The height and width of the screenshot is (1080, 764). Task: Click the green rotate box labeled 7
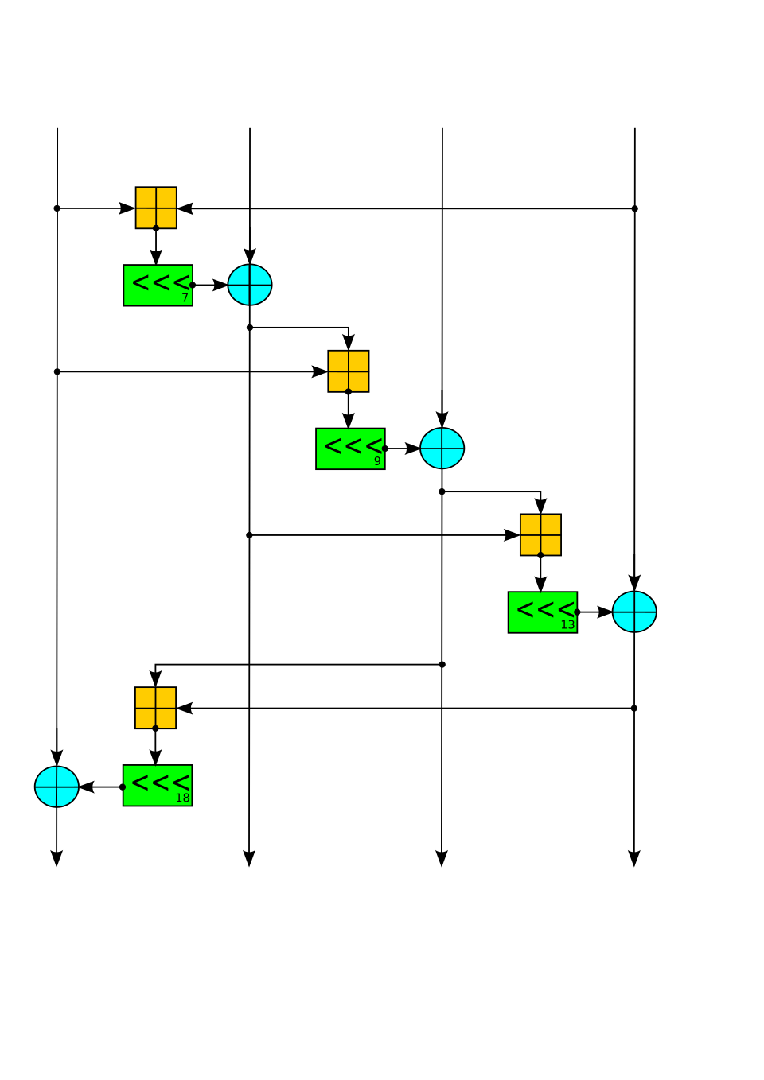tap(158, 285)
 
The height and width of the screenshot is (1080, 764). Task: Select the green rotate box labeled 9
tap(351, 449)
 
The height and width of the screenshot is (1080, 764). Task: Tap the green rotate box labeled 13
tap(543, 612)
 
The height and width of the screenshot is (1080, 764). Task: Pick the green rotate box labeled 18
tap(158, 786)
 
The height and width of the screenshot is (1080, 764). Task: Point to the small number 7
tap(185, 298)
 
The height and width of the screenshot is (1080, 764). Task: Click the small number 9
tap(377, 461)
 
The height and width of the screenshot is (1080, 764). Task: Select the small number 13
tap(567, 625)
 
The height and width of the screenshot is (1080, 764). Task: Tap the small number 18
tap(182, 798)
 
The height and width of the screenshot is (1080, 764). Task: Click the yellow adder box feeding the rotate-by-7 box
tap(156, 208)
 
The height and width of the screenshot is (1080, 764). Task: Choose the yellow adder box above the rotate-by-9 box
tap(349, 371)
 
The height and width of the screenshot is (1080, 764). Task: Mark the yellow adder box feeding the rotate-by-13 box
tap(540, 534)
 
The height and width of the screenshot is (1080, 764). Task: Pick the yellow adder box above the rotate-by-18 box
tap(155, 708)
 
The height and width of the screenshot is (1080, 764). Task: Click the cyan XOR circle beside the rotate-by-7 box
tap(250, 285)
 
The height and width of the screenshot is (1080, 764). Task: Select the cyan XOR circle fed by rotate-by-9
tap(442, 449)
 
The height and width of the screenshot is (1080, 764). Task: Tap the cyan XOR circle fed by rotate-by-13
tap(634, 612)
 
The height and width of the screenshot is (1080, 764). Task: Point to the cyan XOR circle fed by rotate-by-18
tap(57, 787)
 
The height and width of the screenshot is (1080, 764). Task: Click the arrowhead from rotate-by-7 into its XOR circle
tap(220, 285)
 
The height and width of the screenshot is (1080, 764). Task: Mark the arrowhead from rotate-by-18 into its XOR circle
tap(87, 787)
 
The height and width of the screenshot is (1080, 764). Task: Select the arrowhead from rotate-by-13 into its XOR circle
tap(605, 612)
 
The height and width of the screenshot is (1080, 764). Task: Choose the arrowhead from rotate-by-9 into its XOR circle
tap(412, 449)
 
